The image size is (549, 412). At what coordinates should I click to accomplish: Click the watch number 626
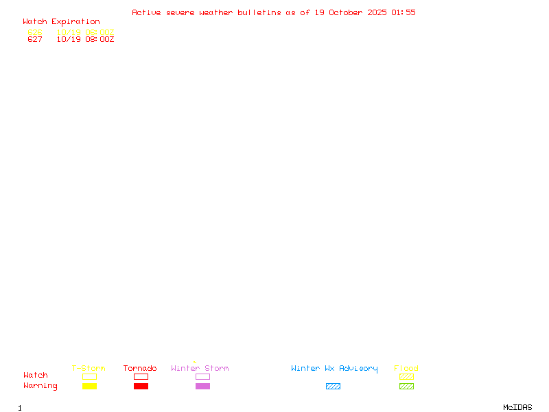pos(35,32)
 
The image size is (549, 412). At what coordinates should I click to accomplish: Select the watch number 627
pos(35,40)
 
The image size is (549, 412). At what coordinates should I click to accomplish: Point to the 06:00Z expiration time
pos(100,32)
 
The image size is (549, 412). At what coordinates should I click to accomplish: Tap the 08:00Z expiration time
pos(100,40)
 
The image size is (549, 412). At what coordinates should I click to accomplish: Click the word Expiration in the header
pos(75,22)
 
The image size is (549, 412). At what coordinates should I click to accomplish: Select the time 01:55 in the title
pos(404,12)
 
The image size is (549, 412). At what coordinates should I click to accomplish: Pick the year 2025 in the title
pos(378,12)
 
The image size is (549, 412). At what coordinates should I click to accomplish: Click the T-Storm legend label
pos(89,369)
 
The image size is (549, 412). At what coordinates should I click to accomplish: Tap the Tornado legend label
pos(140,369)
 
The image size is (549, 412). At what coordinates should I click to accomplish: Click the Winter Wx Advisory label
pos(334,369)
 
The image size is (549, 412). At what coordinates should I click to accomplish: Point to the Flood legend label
pos(406,369)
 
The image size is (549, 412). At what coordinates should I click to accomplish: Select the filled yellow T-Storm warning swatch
pos(89,387)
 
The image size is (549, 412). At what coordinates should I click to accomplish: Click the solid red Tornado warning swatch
pos(141,387)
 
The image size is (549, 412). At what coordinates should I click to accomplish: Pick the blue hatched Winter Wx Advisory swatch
pos(333,387)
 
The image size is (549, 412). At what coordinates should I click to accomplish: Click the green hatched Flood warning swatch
pos(406,387)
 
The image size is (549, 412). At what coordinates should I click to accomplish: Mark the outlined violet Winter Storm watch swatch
pos(202,377)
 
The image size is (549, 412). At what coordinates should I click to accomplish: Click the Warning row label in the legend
pos(40,386)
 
